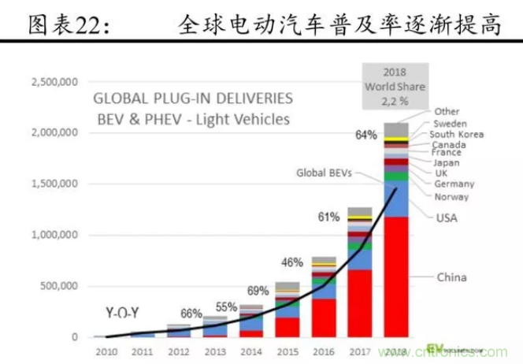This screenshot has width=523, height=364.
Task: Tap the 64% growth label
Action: pyautogui.click(x=366, y=136)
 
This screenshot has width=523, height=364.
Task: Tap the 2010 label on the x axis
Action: pyautogui.click(x=106, y=352)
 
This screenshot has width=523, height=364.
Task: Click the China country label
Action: pyautogui.click(x=452, y=277)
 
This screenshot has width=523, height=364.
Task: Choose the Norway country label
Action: pyautogui.click(x=451, y=197)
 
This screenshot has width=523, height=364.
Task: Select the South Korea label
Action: pyautogui.click(x=457, y=135)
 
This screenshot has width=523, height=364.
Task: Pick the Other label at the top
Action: pyautogui.click(x=447, y=112)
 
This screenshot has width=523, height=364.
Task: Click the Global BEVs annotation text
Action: pyautogui.click(x=325, y=172)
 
